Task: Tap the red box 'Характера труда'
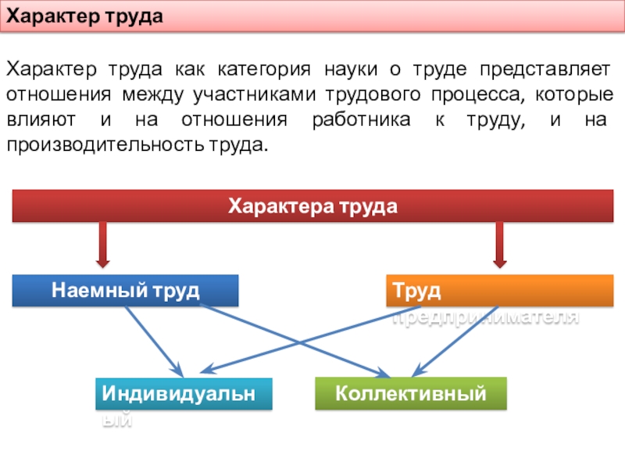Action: (x=312, y=207)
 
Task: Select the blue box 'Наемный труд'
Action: (x=125, y=291)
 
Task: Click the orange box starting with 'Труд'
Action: (x=500, y=291)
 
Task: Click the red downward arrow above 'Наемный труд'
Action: (x=102, y=244)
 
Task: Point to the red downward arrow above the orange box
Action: (x=500, y=244)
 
